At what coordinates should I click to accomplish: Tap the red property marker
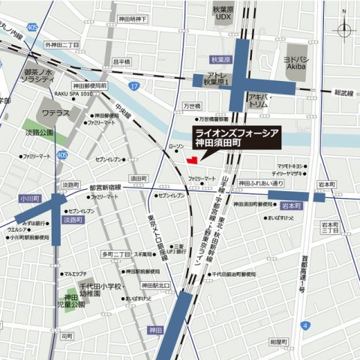point(192,159)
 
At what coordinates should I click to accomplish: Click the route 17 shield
point(134,87)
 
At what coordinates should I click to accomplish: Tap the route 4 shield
point(306,325)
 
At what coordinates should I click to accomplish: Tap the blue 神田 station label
point(155,329)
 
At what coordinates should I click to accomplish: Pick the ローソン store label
point(174,148)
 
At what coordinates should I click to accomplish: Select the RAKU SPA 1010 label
point(73,94)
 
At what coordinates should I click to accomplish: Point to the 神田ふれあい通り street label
point(261,183)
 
